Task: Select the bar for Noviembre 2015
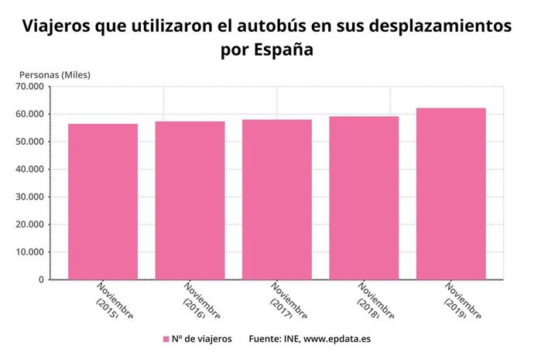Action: click(x=103, y=201)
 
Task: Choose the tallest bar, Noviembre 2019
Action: click(x=450, y=194)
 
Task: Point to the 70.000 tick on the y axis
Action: click(x=29, y=87)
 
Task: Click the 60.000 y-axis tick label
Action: click(x=29, y=115)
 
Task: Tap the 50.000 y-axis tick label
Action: click(x=29, y=142)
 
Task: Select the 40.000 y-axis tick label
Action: click(x=29, y=170)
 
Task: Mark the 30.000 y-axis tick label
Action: click(x=29, y=197)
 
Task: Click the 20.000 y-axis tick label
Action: click(x=29, y=225)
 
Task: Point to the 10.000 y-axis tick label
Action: click(x=29, y=252)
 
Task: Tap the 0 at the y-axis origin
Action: click(x=40, y=279)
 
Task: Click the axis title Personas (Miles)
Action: click(x=55, y=74)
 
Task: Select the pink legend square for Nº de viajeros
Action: click(x=166, y=339)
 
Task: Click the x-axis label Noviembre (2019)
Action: click(x=463, y=300)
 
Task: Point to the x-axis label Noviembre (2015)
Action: click(x=115, y=300)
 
